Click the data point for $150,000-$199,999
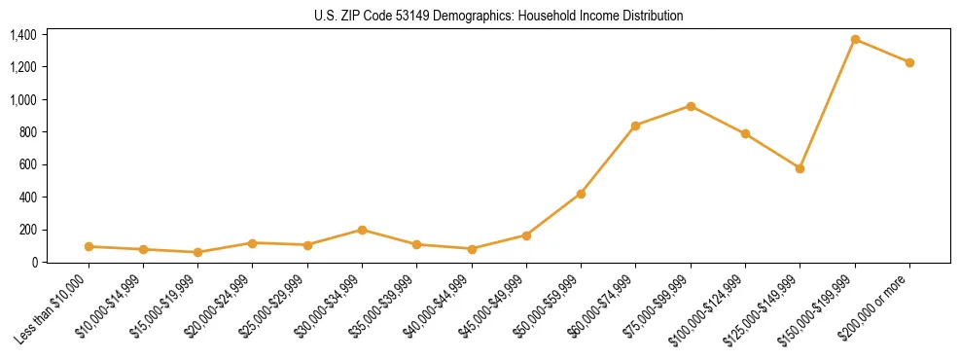click(855, 39)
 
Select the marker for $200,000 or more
click(909, 62)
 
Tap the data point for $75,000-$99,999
click(691, 106)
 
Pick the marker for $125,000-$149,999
click(800, 168)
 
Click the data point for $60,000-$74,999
click(635, 126)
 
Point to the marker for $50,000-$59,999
click(581, 194)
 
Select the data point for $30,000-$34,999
click(362, 230)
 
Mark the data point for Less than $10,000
click(89, 246)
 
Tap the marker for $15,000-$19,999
click(197, 252)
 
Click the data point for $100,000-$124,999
click(745, 133)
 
